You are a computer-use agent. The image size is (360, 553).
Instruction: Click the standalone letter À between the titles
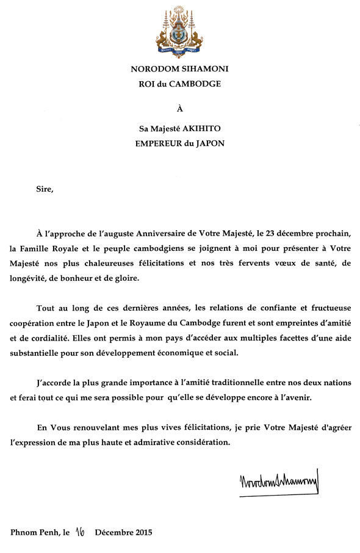180,109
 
